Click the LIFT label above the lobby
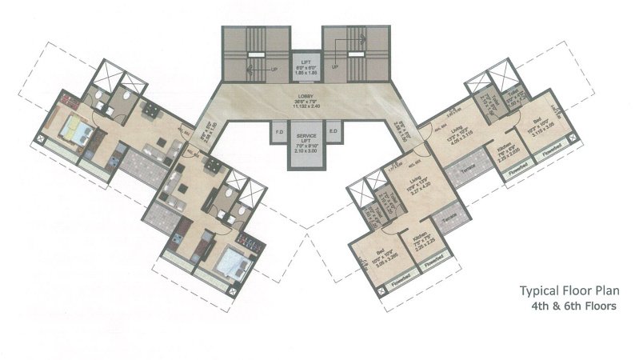[305, 62]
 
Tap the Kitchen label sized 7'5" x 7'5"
[423, 240]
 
